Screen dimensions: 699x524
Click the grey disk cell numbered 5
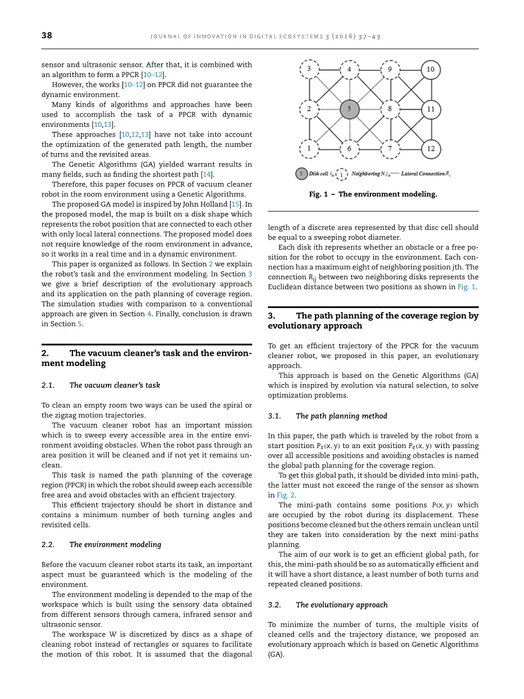tap(350, 109)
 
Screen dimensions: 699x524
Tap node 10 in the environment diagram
tap(431, 70)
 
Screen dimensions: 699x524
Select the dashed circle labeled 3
tap(309, 70)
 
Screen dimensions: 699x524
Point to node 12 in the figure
tap(431, 149)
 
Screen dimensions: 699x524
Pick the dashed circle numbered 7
tap(390, 149)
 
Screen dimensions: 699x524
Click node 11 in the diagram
tap(431, 109)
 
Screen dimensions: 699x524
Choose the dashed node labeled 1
tap(309, 149)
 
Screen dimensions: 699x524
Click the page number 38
tap(46, 35)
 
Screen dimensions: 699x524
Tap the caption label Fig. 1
tap(318, 194)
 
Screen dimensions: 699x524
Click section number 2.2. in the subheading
tap(48, 544)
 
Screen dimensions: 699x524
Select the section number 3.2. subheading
tap(274, 605)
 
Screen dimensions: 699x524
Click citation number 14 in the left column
tap(207, 174)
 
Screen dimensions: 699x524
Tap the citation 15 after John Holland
tap(235, 204)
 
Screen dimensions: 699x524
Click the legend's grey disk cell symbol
tap(301, 174)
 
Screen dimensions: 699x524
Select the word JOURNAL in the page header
tap(164, 36)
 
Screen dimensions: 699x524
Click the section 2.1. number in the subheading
tap(48, 385)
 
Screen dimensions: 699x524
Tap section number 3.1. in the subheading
tap(274, 416)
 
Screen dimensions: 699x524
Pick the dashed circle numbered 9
tap(390, 70)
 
